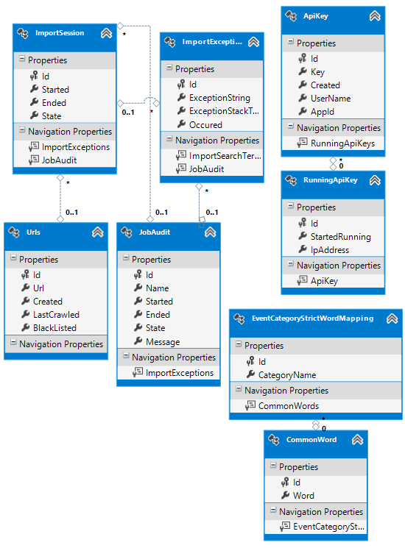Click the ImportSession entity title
(60, 33)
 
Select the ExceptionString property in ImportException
(219, 98)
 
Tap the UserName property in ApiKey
(331, 99)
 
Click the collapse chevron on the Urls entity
(98, 232)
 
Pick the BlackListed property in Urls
(54, 328)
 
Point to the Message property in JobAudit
(163, 342)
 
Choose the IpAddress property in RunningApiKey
(330, 250)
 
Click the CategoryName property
(287, 375)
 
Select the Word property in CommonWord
(303, 496)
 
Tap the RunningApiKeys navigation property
(342, 143)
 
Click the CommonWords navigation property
(289, 406)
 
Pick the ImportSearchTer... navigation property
(225, 156)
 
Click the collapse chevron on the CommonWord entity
(357, 440)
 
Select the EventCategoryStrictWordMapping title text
(313, 319)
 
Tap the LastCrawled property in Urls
(56, 315)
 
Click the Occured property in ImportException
(205, 125)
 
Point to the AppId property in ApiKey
(323, 112)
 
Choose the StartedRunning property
(341, 237)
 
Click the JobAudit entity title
(155, 232)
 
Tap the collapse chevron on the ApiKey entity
(375, 16)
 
